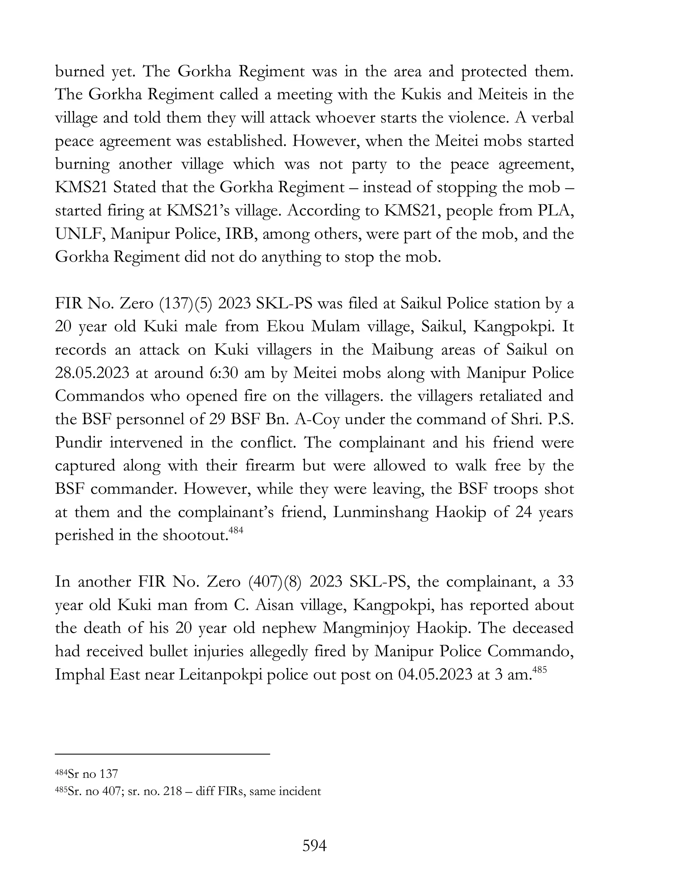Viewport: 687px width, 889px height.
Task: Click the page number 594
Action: (x=314, y=846)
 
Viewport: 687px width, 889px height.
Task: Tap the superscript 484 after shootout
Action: (x=236, y=530)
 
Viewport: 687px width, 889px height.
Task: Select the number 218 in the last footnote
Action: (x=172, y=791)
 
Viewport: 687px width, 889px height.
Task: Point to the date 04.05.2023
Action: (x=435, y=675)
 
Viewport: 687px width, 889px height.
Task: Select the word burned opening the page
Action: (x=80, y=72)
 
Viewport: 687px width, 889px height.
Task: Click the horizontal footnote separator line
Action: (x=162, y=754)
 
